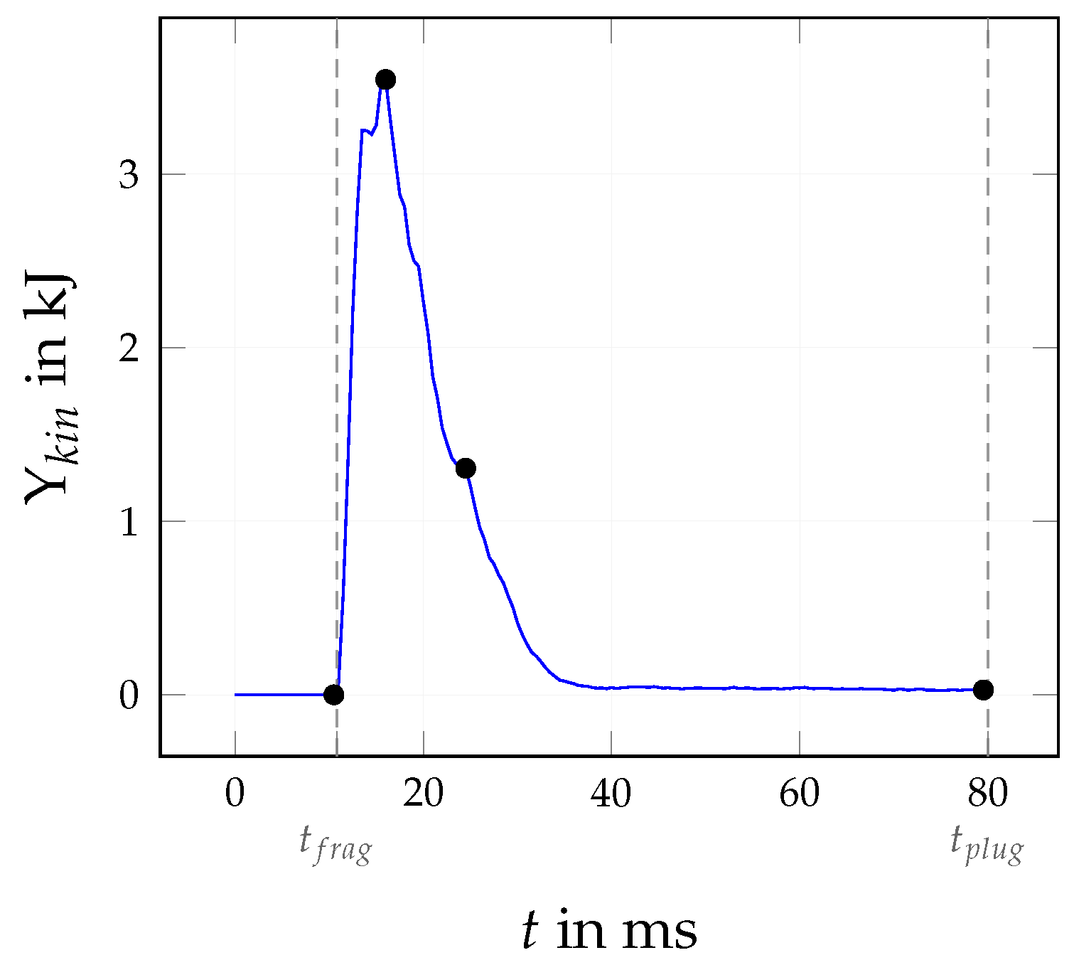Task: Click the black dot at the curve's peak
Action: tap(385, 79)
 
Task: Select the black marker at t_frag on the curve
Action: tap(333, 695)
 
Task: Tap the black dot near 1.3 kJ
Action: tap(466, 468)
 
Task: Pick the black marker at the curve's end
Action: tap(983, 689)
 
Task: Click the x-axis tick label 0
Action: tap(235, 794)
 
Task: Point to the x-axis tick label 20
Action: tap(423, 794)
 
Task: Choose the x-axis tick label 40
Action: tap(611, 794)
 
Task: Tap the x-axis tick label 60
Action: tap(799, 794)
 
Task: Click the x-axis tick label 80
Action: tap(987, 794)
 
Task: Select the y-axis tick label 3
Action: tap(129, 175)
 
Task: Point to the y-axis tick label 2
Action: tap(129, 348)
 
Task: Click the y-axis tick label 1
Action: tap(129, 522)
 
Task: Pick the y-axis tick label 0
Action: tap(129, 695)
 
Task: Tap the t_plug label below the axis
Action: tap(987, 844)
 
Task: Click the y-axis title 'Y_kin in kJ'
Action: tap(51, 388)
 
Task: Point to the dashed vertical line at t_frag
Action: tap(336, 356)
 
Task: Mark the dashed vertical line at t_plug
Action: tap(987, 356)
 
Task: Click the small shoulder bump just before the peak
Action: tap(365, 131)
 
